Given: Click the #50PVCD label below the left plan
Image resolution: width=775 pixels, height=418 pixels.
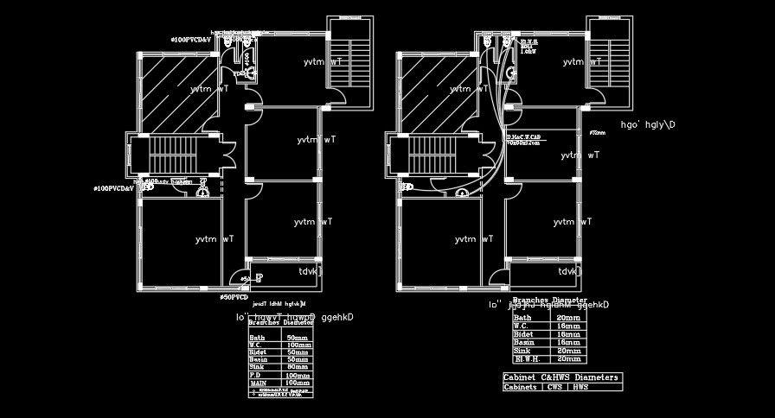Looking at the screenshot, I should (x=234, y=296).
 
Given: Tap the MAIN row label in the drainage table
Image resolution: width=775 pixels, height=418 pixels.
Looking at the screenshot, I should (x=258, y=382).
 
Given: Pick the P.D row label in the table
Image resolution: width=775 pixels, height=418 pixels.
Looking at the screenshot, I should (x=255, y=375).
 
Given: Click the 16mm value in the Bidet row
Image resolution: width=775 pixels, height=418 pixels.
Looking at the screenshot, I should (x=568, y=333).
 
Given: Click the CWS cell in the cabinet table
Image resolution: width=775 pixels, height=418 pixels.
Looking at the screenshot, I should (x=554, y=387).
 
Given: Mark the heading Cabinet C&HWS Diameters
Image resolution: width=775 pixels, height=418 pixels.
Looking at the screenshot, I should (x=560, y=377).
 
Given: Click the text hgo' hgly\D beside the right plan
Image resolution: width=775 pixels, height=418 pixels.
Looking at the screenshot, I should (x=648, y=124).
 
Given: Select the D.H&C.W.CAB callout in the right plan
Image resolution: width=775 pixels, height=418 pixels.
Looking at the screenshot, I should (x=524, y=138).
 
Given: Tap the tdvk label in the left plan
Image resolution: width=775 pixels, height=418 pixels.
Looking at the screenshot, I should (x=310, y=271).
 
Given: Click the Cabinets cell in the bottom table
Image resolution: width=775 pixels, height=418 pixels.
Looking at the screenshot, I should (x=522, y=387).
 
